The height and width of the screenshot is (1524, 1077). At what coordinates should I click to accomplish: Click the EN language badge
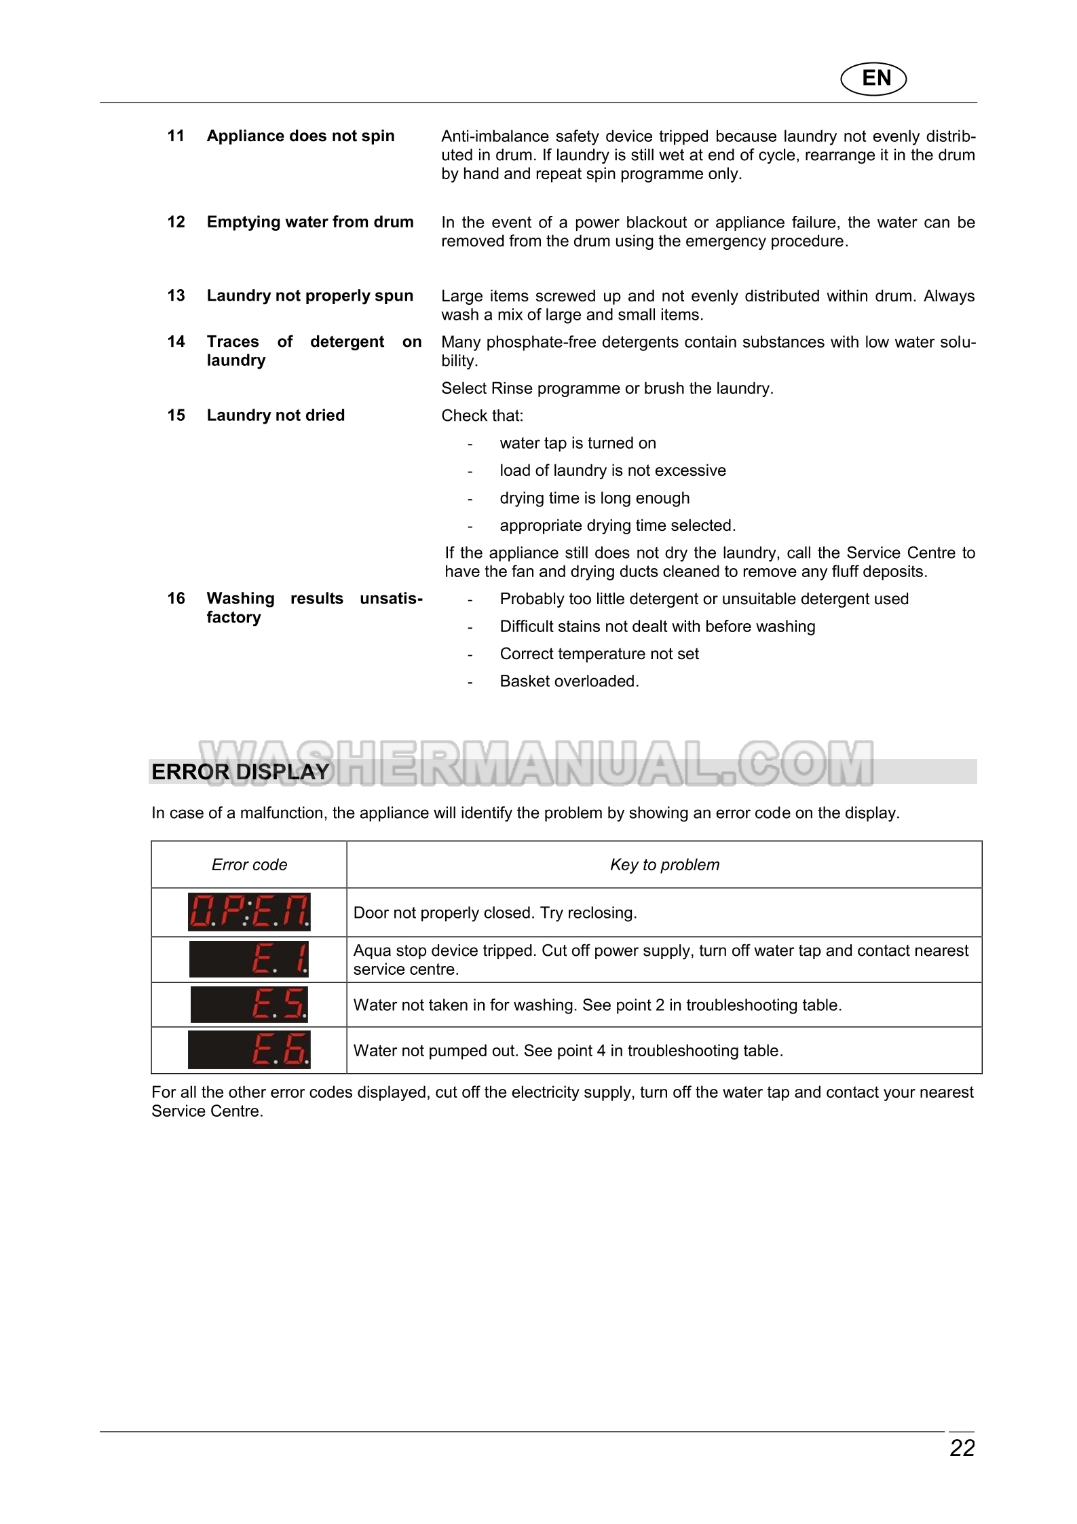pos(873,79)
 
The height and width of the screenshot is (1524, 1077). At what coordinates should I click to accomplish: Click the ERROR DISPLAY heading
pos(240,772)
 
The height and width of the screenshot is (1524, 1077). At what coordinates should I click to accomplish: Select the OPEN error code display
pos(249,912)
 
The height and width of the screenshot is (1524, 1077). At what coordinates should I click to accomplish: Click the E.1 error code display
pos(249,959)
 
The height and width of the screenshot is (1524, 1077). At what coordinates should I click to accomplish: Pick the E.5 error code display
pos(249,1005)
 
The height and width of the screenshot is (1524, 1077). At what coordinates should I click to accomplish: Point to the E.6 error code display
pos(249,1050)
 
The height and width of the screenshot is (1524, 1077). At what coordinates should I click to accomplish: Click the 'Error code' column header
pos(249,864)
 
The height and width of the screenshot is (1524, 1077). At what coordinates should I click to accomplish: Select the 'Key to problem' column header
pos(664,864)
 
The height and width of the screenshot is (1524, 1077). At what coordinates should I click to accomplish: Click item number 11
pos(176,136)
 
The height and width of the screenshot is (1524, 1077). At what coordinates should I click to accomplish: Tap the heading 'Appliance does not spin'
pos(301,136)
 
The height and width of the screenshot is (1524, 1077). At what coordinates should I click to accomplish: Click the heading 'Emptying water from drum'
pos(310,222)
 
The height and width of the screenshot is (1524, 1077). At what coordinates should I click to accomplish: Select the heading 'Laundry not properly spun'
pos(310,296)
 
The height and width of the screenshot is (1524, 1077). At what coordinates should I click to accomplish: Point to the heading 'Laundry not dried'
pos(276,415)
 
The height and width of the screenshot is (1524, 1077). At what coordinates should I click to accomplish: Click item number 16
pos(176,599)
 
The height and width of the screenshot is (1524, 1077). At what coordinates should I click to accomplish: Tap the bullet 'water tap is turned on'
pos(578,443)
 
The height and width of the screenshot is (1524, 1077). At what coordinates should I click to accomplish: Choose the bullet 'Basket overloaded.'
pos(569,681)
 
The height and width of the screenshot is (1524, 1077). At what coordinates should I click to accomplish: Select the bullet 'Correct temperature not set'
pos(599,654)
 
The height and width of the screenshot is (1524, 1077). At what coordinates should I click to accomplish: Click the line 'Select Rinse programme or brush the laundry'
pos(607,388)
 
